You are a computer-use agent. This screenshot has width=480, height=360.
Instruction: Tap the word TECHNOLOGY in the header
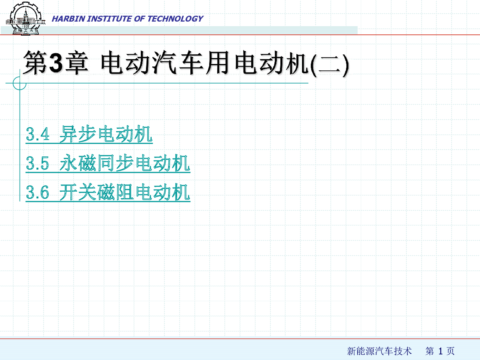click(x=176, y=19)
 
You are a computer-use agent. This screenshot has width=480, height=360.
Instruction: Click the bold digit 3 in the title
click(x=56, y=63)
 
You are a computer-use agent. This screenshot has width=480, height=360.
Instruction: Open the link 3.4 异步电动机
click(x=89, y=134)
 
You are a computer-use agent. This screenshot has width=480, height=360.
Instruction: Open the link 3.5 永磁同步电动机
click(x=108, y=163)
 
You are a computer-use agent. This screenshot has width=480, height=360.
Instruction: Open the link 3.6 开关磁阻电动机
click(x=108, y=192)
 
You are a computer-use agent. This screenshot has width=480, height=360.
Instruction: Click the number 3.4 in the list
click(x=38, y=134)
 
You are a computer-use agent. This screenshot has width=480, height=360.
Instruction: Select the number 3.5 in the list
click(x=37, y=163)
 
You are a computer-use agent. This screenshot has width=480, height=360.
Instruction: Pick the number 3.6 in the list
click(x=37, y=192)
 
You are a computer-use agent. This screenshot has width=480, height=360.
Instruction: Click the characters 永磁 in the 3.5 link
click(x=78, y=163)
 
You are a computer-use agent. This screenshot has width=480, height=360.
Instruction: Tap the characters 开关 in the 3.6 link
click(x=78, y=192)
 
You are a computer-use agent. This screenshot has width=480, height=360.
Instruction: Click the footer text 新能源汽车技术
click(x=380, y=351)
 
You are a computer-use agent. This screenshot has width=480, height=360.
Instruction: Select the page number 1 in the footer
click(x=440, y=351)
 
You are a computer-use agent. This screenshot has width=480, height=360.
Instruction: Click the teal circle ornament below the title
click(x=20, y=83)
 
